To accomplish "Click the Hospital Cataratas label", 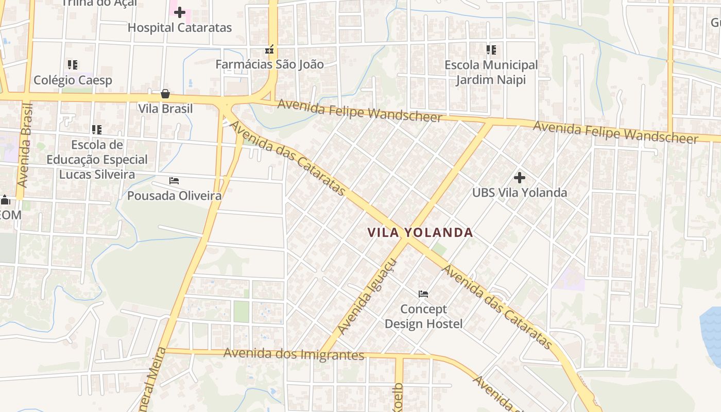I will pos(180,28).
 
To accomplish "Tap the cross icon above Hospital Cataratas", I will pos(180,12).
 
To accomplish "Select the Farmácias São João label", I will pos(269,64).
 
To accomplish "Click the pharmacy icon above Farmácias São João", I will pos(269,50).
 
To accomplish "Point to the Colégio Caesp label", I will pos(73,80).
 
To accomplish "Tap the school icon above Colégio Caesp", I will pos(73,65).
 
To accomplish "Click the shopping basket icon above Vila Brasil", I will pos(165,94).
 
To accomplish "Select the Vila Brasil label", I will pos(165,109).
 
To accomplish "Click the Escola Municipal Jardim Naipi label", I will pos(491,73).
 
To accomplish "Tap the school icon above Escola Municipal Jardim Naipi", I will pos(491,50).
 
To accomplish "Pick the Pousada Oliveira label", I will pos(174,196).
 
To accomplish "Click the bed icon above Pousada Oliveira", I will pos(174,181).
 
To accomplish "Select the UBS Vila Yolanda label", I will pos(520,193).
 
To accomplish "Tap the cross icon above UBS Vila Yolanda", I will pos(520,178).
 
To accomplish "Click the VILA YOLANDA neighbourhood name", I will pos(420,233).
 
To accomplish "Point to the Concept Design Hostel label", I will pos(423,316).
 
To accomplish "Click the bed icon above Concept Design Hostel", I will pos(423,294).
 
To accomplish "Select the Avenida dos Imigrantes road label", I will pos(294,354).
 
